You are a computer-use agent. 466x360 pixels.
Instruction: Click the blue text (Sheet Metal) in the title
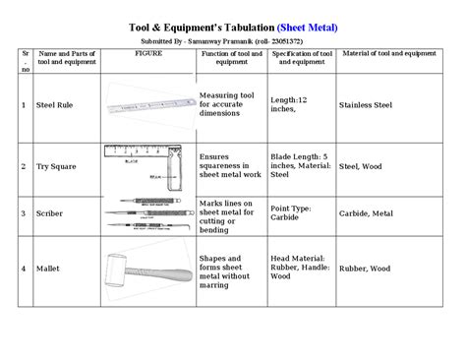[307, 27]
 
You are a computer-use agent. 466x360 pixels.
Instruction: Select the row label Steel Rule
[56, 103]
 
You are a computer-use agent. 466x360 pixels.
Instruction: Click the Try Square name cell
[55, 167]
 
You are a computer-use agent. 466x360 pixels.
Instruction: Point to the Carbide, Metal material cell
[367, 213]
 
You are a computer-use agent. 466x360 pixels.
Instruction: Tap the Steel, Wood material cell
[363, 167]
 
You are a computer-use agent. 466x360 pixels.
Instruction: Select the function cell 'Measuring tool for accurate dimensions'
[231, 103]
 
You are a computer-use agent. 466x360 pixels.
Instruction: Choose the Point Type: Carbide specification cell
[294, 213]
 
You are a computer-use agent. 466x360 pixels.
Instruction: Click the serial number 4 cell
[23, 268]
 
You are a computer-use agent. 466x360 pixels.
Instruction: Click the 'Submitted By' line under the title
[233, 41]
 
